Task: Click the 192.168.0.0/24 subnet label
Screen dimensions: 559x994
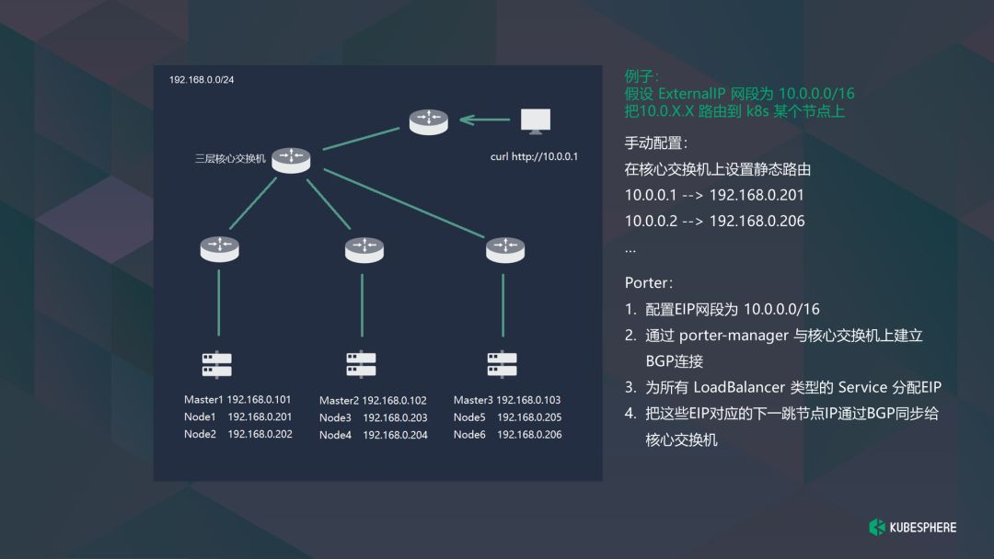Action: tap(202, 80)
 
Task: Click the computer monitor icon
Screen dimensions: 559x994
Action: tap(535, 120)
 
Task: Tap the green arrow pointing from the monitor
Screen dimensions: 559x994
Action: tap(484, 120)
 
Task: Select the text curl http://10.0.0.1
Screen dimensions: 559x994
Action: tap(534, 156)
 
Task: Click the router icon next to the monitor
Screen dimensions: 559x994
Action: tap(429, 121)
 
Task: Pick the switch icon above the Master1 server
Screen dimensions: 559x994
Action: tap(219, 247)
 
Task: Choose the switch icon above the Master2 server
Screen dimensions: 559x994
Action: tap(364, 248)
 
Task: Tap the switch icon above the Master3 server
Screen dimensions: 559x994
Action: tap(504, 248)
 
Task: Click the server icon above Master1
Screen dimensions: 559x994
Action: tap(217, 365)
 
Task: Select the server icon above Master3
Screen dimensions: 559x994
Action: tap(502, 364)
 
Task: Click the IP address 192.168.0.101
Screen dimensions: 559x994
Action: tap(259, 400)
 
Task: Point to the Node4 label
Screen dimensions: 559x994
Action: tap(335, 435)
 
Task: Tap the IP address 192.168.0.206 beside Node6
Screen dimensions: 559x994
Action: tap(529, 435)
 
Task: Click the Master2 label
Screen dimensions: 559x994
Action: tap(339, 401)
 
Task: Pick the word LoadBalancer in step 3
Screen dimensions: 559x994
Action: tap(743, 387)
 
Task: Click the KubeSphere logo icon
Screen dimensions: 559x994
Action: tap(877, 527)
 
